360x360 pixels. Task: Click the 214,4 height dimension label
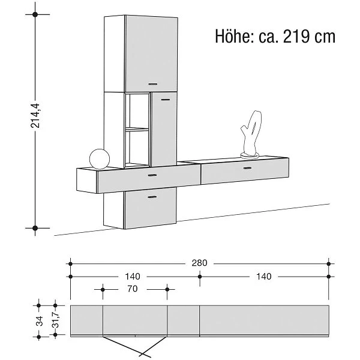pos(35,116)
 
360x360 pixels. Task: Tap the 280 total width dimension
pos(199,263)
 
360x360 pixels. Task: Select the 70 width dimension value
pos(133,289)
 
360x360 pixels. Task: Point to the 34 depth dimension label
pos(39,321)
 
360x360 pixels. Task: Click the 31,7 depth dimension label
pos(56,320)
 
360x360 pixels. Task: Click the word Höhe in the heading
pos(235,36)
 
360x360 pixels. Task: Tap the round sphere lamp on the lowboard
pos(100,159)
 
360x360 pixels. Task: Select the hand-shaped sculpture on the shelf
pos(251,135)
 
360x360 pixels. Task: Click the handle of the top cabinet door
pos(152,84)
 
